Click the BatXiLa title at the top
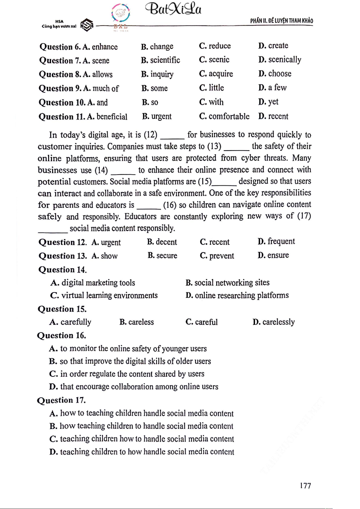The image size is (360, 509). pyautogui.click(x=173, y=9)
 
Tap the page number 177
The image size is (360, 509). pyautogui.click(x=305, y=485)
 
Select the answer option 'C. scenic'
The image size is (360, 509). pyautogui.click(x=214, y=60)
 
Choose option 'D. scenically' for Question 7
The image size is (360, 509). pyautogui.click(x=280, y=60)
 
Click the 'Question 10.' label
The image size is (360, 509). pyautogui.click(x=62, y=103)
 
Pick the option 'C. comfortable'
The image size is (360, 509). pyautogui.click(x=224, y=117)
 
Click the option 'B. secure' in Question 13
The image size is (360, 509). pyautogui.click(x=162, y=256)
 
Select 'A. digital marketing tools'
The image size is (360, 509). pyautogui.click(x=93, y=283)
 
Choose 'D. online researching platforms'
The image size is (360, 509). pyautogui.click(x=237, y=295)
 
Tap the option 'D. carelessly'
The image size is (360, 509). pyautogui.click(x=274, y=322)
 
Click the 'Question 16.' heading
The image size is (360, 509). pyautogui.click(x=62, y=336)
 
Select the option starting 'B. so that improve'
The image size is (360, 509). pyautogui.click(x=130, y=361)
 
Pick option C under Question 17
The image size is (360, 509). pyautogui.click(x=142, y=439)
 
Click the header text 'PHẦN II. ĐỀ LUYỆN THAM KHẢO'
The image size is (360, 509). pyautogui.click(x=281, y=21)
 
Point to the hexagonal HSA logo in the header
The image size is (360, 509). pyautogui.click(x=87, y=25)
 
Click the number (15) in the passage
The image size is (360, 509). pyautogui.click(x=205, y=182)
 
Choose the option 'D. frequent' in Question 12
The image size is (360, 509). pyautogui.click(x=276, y=242)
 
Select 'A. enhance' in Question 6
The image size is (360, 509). pyautogui.click(x=100, y=47)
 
